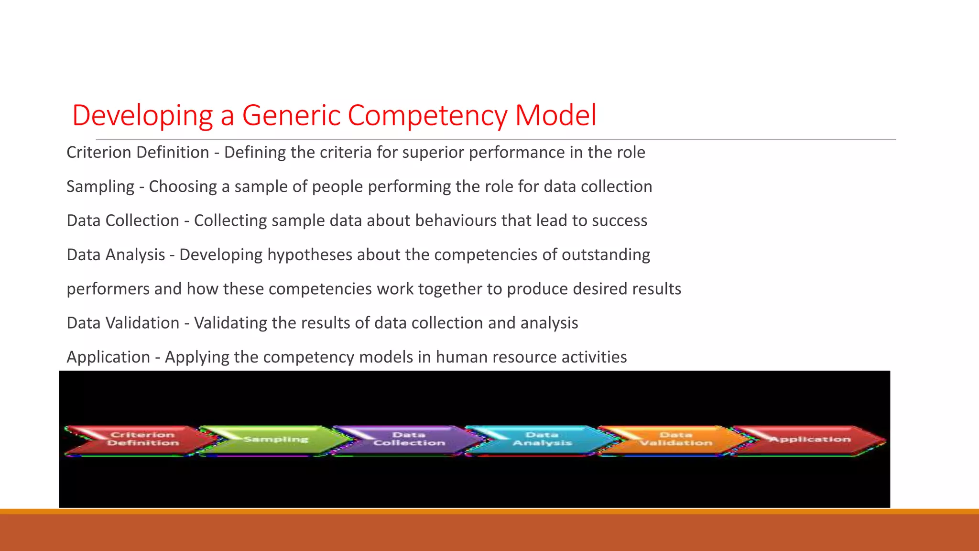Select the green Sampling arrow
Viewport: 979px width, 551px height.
coord(275,439)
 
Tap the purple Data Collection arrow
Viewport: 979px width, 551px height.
coord(406,439)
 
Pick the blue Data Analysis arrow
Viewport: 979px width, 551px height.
coord(540,439)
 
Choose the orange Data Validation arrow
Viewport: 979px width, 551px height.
coord(674,439)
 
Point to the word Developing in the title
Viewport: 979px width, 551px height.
coord(142,116)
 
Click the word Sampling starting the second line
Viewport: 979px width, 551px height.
coord(100,187)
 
